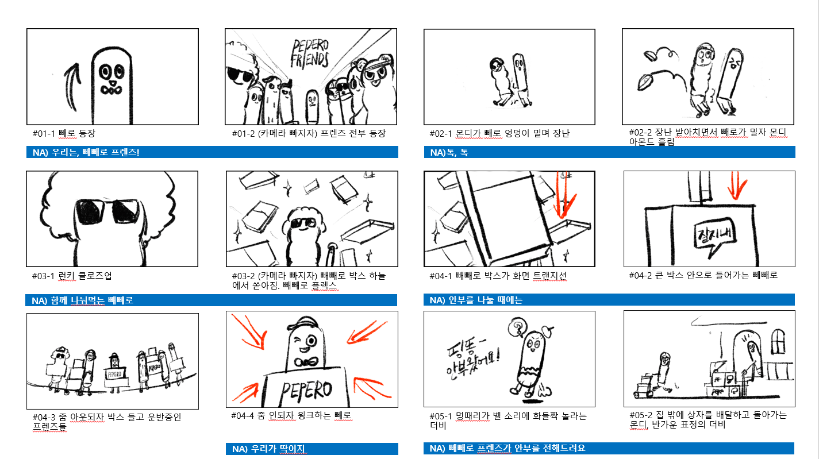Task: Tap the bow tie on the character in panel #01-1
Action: click(x=111, y=90)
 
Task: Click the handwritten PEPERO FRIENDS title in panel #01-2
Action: click(x=310, y=54)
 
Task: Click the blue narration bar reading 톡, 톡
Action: click(x=609, y=152)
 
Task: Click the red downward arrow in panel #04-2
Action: click(x=736, y=186)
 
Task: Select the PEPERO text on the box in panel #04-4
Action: click(x=306, y=391)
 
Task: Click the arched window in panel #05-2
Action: click(x=778, y=342)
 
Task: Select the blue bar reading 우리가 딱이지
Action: click(x=312, y=449)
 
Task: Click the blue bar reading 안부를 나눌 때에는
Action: click(x=609, y=300)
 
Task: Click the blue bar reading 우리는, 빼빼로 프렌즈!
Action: click(x=212, y=152)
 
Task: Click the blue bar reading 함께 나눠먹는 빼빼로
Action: click(x=211, y=300)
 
